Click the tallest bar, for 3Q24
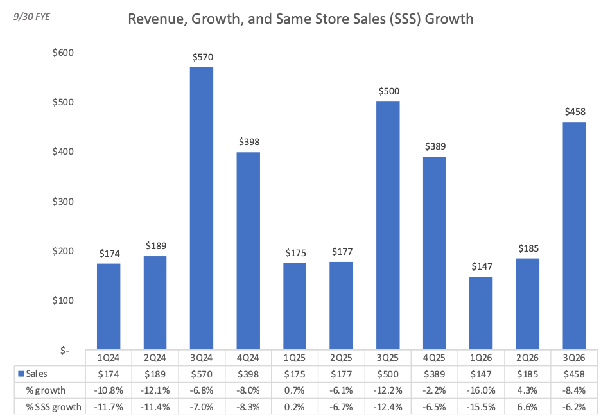coord(202,209)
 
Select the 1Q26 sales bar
coord(481,313)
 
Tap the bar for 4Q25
coord(434,253)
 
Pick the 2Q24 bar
coord(155,302)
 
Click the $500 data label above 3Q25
coord(388,91)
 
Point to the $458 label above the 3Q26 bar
coord(575,112)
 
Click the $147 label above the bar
coord(482,266)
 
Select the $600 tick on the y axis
coord(63,53)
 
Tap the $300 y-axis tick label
coord(63,201)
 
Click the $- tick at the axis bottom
coord(64,350)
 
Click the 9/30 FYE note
coord(32,17)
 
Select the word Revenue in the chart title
coord(157,19)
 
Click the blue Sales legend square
coord(21,374)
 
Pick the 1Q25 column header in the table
coord(294,358)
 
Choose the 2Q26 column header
coord(527,358)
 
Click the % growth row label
coord(46,390)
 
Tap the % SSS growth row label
coord(54,407)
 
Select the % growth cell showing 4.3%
coord(527,390)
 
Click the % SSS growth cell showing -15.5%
coord(481,407)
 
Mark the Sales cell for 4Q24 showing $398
coord(248,374)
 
